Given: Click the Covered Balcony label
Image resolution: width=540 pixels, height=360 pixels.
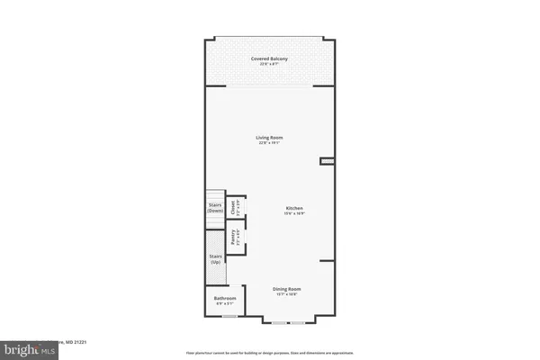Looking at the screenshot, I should [270, 58].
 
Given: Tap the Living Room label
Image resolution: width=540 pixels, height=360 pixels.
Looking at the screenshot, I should [270, 136].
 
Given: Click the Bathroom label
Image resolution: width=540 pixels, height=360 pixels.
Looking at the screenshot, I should [225, 298].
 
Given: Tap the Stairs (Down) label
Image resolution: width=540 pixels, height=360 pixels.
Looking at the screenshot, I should [215, 207].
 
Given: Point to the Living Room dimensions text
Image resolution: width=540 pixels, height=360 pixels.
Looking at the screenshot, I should [270, 142].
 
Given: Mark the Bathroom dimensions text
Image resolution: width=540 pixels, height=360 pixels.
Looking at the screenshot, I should [225, 304].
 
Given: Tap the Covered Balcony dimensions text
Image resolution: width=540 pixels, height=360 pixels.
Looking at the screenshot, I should [270, 64].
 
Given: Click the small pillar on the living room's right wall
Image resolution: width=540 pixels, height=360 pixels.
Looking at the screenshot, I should [328, 162].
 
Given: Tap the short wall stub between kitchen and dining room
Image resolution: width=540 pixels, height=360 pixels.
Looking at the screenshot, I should [328, 261].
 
